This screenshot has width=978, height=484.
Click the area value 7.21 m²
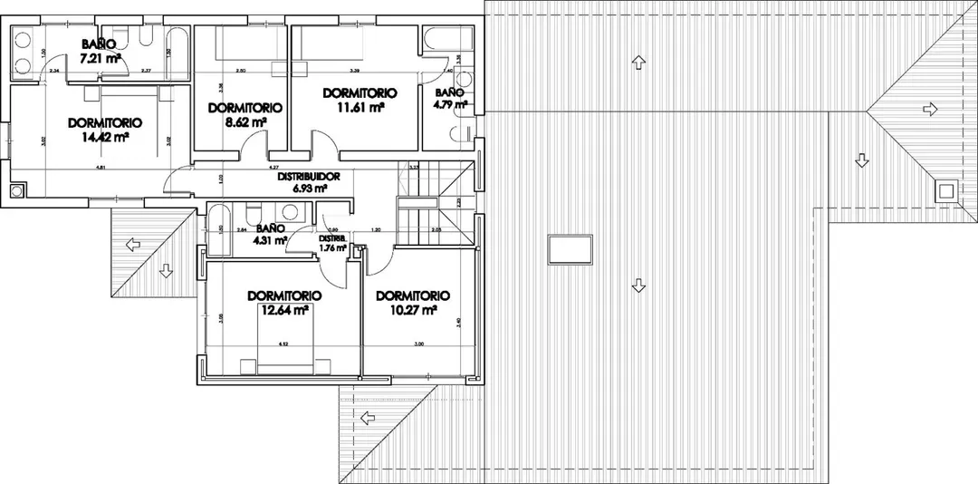[101, 58]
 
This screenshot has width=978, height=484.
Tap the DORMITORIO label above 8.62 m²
[244, 107]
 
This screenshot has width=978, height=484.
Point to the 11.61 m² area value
[360, 106]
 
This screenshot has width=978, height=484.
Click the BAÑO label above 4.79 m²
[449, 92]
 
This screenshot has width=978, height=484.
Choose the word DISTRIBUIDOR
[309, 177]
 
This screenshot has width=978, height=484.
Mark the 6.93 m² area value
[310, 189]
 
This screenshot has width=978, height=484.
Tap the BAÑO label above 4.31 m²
[271, 228]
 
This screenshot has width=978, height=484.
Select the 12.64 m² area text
[285, 309]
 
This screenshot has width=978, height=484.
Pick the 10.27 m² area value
[414, 309]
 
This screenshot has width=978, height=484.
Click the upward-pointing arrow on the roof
[639, 63]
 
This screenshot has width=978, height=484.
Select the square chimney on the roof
[946, 190]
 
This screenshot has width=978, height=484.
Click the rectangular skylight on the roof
[570, 248]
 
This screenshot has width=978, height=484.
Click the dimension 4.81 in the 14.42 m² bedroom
[101, 168]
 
